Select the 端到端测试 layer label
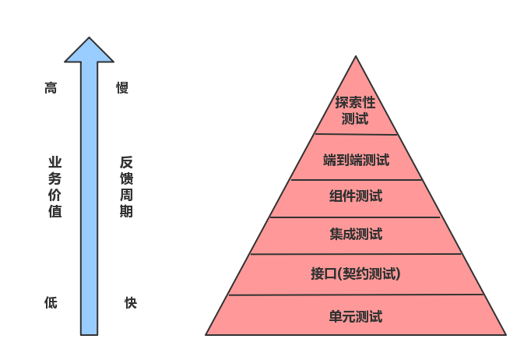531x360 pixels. click(356, 161)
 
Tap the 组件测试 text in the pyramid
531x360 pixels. click(356, 196)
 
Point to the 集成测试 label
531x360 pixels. click(356, 234)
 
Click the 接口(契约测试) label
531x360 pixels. click(355, 274)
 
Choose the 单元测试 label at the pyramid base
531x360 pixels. click(356, 316)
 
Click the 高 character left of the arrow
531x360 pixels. click(51, 88)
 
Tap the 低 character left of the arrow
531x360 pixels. click(51, 302)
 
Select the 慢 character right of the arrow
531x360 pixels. click(122, 88)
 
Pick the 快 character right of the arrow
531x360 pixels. click(130, 302)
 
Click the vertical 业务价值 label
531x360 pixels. click(55, 186)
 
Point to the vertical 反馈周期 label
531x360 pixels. click(126, 186)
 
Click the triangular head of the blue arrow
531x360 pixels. click(89, 51)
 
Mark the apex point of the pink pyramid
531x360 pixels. click(357, 57)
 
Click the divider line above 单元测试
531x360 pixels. click(356, 295)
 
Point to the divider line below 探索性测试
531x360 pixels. click(356, 135)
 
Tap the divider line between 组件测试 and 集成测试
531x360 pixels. click(356, 217)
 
